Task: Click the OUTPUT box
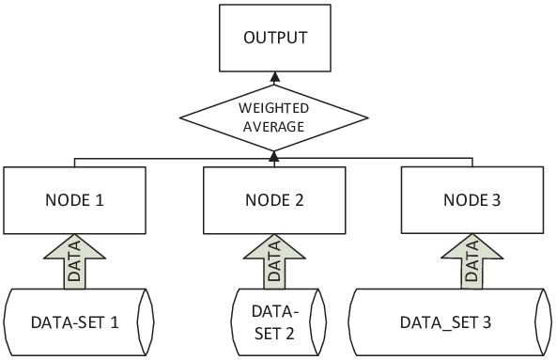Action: [x=275, y=38]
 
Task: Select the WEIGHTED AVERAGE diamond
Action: [x=273, y=117]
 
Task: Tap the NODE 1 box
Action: [x=74, y=200]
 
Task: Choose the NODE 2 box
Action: [x=274, y=200]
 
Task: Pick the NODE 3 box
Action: [x=472, y=200]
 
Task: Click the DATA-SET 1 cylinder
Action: [x=79, y=322]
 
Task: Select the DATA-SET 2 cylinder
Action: [x=278, y=322]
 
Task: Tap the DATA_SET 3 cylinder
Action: [x=450, y=322]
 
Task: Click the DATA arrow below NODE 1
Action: [x=74, y=261]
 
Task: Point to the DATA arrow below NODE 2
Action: [x=274, y=261]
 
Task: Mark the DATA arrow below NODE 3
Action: [x=472, y=261]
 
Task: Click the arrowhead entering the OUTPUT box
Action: [x=274, y=77]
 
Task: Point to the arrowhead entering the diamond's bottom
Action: [x=273, y=156]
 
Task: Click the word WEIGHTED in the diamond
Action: [x=273, y=108]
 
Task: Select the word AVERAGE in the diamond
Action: [x=273, y=127]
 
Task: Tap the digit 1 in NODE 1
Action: [x=100, y=200]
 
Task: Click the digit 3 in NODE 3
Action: [x=496, y=200]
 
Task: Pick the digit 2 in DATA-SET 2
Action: [x=289, y=334]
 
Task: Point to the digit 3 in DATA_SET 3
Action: [x=486, y=322]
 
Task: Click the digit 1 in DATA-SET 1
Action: [x=115, y=322]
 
